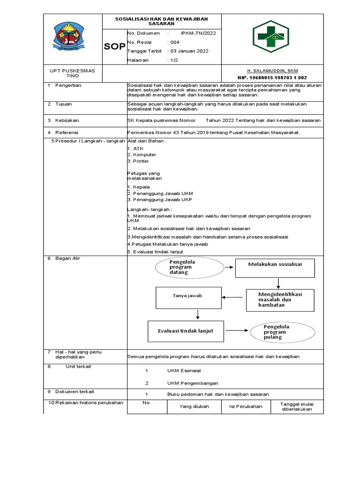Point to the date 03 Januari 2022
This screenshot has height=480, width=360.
click(x=189, y=51)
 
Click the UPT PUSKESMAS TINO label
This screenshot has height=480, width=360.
click(x=72, y=73)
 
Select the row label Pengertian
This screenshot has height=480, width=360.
click(x=68, y=85)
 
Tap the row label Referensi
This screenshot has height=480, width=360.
click(x=67, y=133)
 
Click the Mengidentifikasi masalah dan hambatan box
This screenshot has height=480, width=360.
click(x=279, y=300)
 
